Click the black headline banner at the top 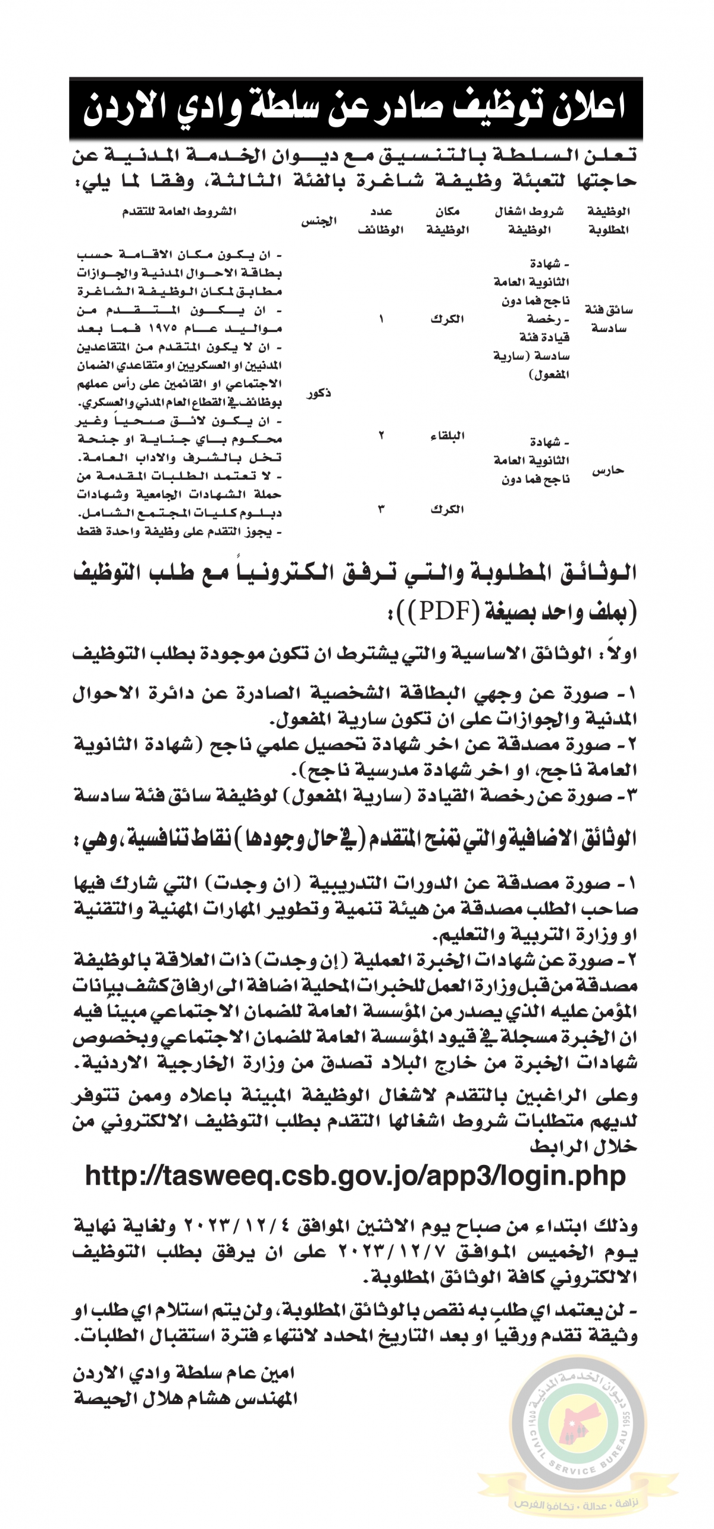(356, 108)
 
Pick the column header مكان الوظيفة (447, 221)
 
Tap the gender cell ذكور (319, 394)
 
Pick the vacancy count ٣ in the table (381, 509)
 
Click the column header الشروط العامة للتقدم (179, 212)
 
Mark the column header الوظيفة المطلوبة (608, 221)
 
